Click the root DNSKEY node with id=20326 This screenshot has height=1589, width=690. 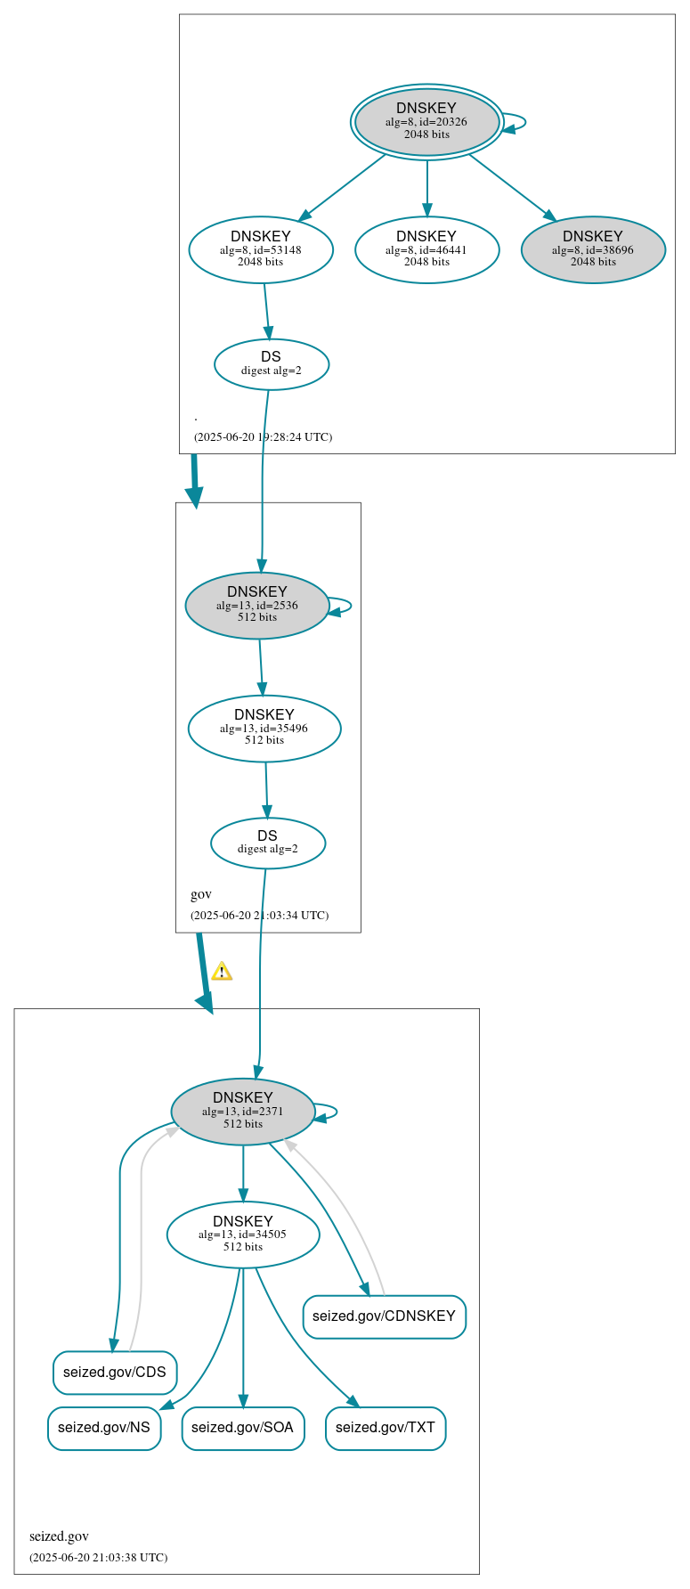coord(426,122)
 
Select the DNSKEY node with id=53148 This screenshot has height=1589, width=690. coord(261,249)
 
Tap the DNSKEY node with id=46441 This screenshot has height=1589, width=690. coord(426,249)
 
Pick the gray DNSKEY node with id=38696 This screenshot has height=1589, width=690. coord(593,249)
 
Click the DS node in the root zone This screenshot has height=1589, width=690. coord(272,363)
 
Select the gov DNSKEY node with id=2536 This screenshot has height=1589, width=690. coord(257,605)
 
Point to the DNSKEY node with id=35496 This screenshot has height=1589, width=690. coord(264,728)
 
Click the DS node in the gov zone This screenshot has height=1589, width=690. coord(268,843)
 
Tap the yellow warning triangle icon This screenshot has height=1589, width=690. coord(222,972)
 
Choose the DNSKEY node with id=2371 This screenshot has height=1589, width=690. coord(243,1111)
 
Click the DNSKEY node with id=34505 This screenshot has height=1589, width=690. coord(243,1234)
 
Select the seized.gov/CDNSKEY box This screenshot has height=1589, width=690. coord(384,1316)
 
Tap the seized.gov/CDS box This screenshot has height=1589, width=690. coord(115,1372)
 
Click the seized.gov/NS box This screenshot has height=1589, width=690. coord(104,1428)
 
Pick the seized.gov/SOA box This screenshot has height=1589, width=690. coord(242,1428)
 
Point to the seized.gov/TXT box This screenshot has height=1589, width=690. coord(386,1428)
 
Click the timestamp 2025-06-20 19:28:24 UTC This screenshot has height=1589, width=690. coord(263,437)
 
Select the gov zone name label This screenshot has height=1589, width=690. coord(201,894)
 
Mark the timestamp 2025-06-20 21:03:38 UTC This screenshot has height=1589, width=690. coord(98,1558)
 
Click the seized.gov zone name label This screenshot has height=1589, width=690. coord(59,1536)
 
